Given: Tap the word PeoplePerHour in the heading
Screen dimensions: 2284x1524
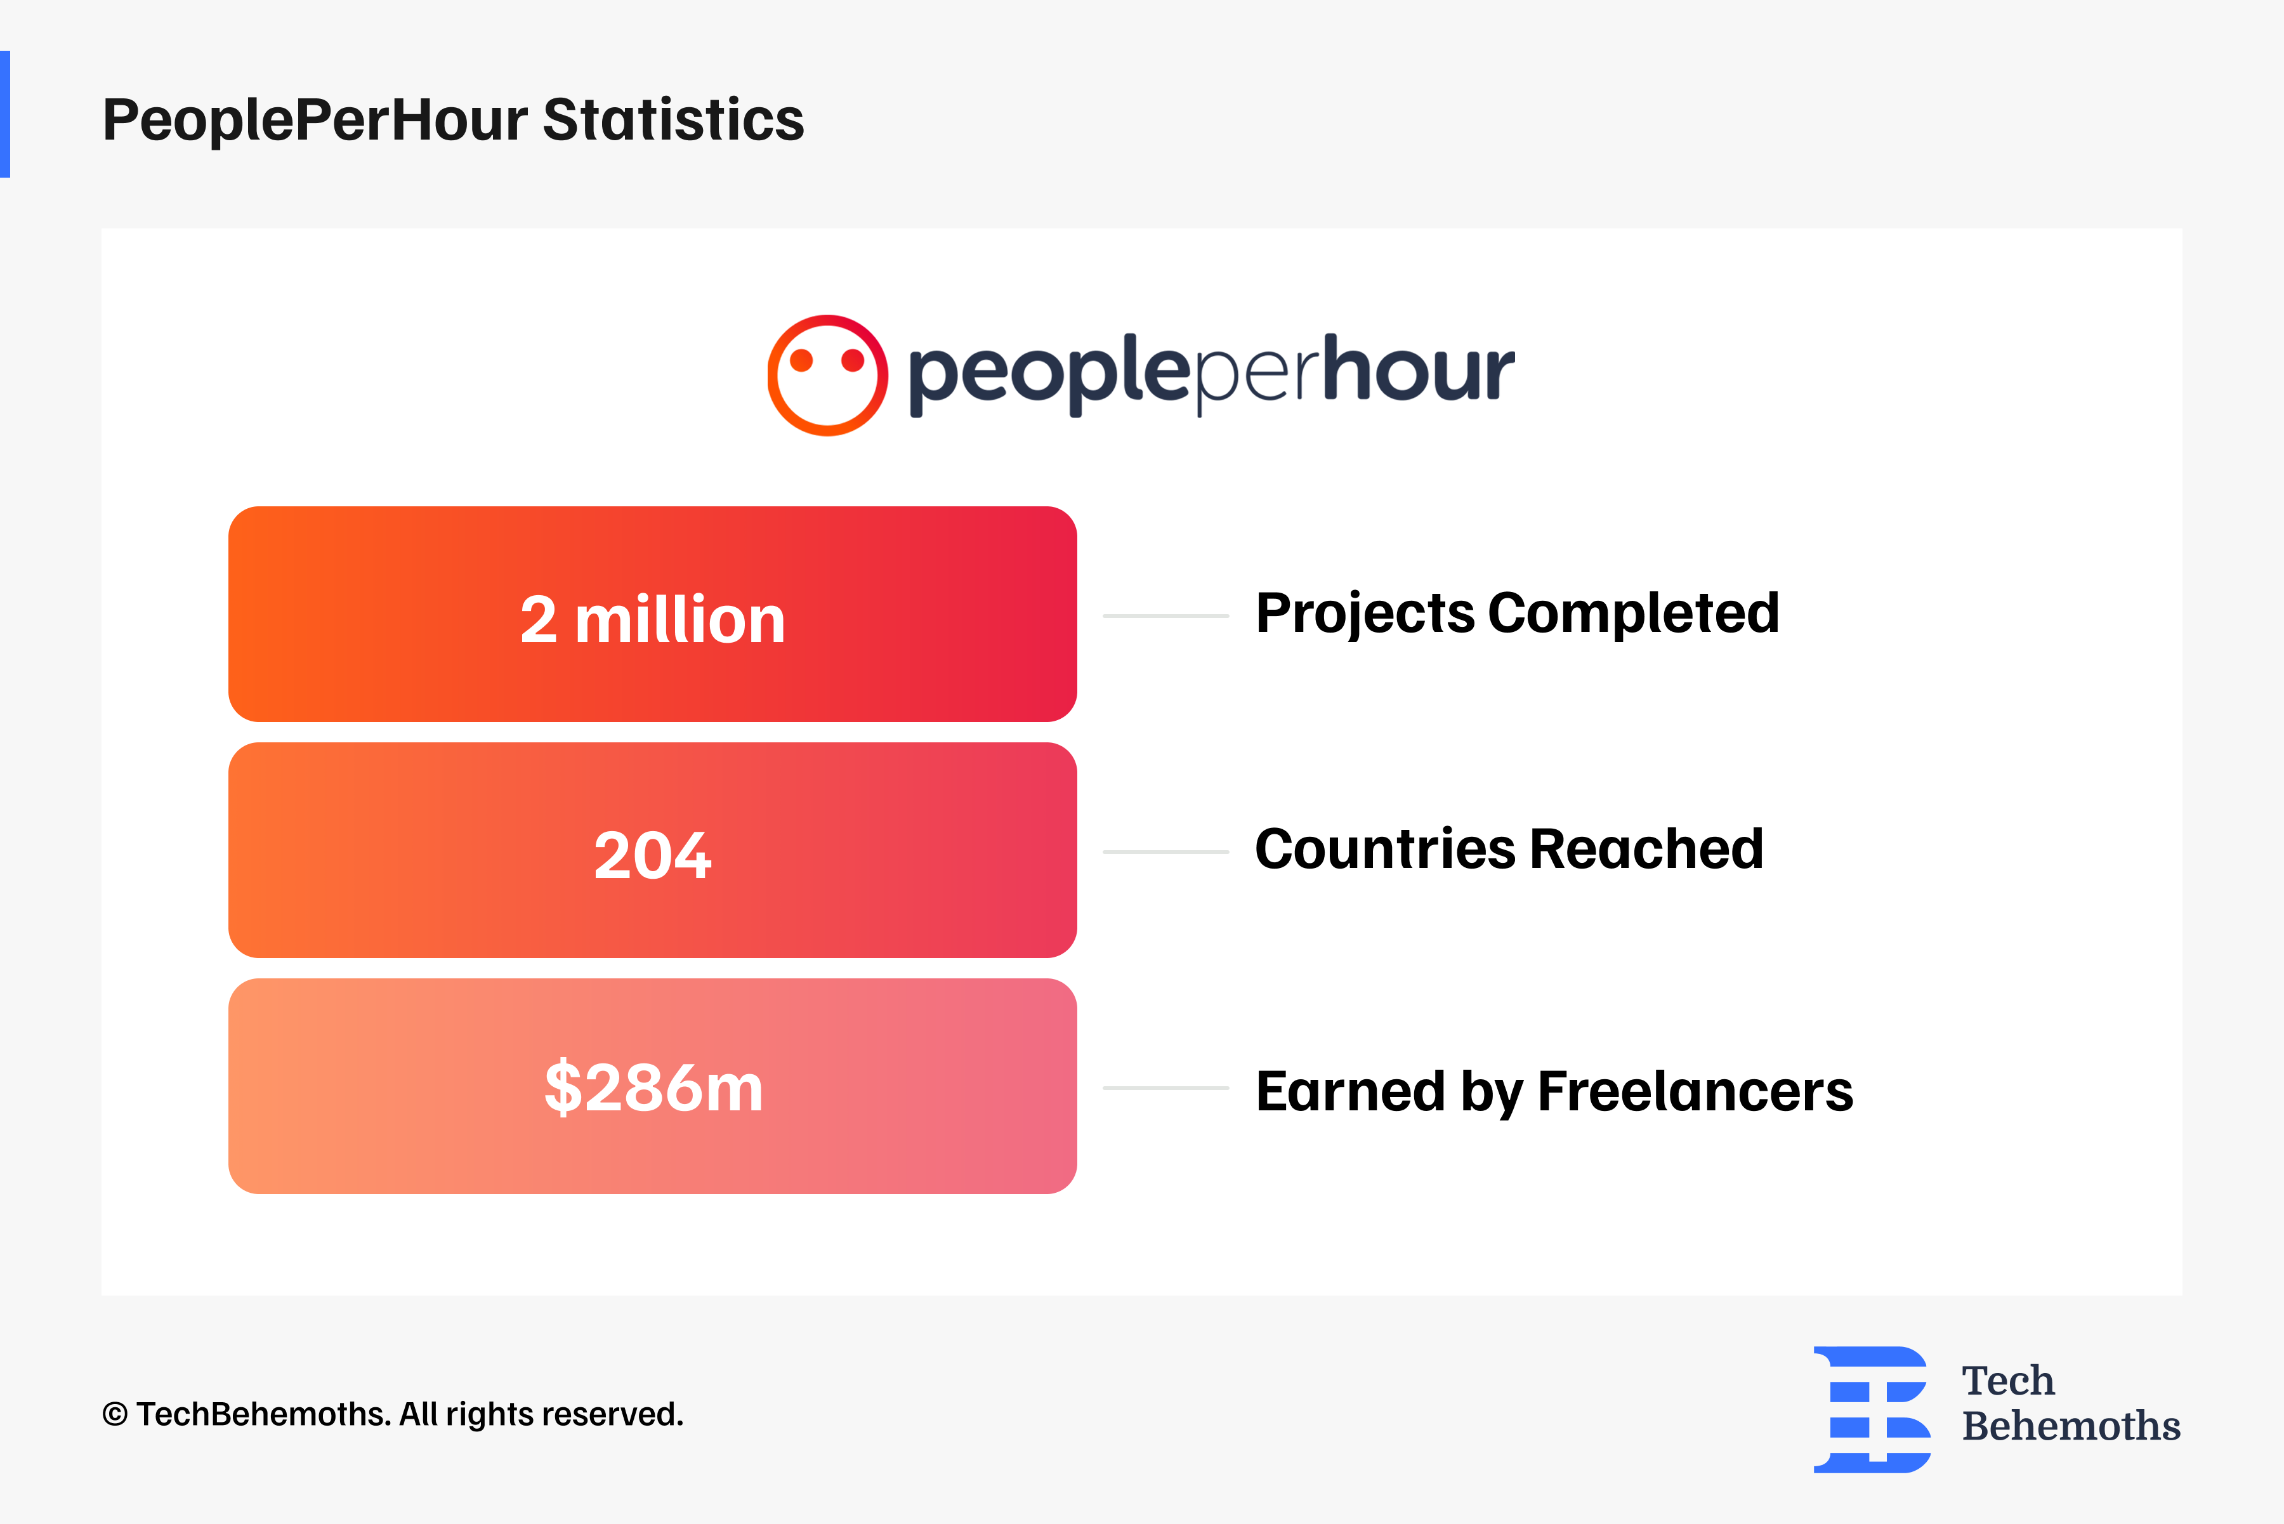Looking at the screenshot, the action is pos(316,119).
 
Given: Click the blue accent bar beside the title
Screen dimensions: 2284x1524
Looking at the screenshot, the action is pos(5,114).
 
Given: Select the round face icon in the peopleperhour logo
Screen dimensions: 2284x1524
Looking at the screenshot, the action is pos(827,375).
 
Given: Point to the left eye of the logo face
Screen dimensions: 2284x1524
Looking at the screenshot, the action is pos(801,360).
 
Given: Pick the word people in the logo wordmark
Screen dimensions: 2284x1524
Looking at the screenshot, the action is pos(1049,374).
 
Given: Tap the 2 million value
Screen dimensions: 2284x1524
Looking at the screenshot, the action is pos(652,619).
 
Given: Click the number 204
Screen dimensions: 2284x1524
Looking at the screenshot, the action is pos(652,855).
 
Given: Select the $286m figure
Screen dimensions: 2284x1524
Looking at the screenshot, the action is pos(653,1087).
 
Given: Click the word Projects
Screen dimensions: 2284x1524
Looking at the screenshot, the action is pos(1365,614).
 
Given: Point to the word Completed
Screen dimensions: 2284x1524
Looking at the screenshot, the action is pos(1633,614).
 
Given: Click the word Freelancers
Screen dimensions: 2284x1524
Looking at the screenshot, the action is pos(1695,1091).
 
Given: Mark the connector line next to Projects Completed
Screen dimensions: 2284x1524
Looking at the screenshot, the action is pos(1165,615).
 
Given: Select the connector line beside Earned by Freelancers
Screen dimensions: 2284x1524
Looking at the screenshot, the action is pos(1165,1087).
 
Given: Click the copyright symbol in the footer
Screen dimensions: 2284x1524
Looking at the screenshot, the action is pos(115,1415).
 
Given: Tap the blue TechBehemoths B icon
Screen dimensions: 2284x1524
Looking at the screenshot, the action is pos(1871,1409).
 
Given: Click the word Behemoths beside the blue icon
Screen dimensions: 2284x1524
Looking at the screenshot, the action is pos(2070,1426).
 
